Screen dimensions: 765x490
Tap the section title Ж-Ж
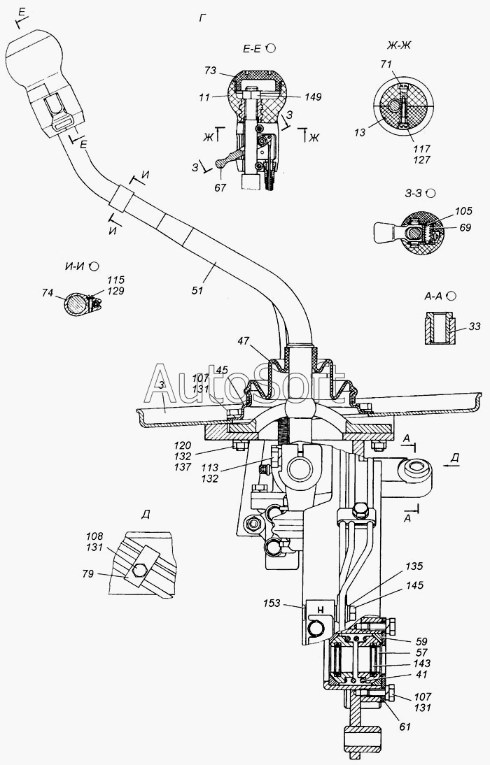click(398, 47)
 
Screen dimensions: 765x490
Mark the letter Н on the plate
click(318, 608)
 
